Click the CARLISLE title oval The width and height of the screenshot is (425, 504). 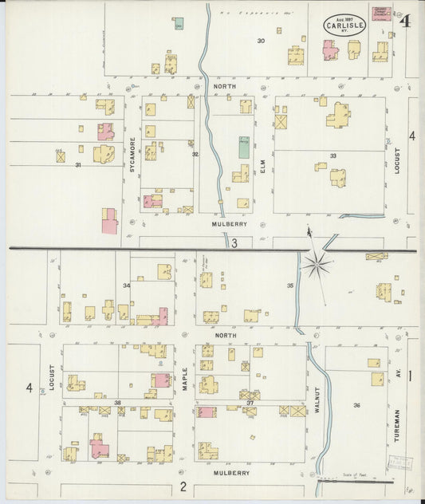tap(344, 26)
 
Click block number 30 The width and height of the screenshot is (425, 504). tap(261, 41)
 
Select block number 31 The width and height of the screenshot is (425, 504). tap(78, 165)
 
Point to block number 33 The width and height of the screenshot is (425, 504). tap(333, 156)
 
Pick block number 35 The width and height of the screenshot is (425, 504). tap(289, 285)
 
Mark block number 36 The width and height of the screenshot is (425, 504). tap(356, 406)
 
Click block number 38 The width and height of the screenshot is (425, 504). tap(117, 403)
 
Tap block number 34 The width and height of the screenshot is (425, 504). tap(126, 285)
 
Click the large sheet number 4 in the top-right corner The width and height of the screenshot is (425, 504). tap(407, 22)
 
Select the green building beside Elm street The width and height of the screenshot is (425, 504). tap(243, 147)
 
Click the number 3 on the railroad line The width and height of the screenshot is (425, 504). tap(235, 242)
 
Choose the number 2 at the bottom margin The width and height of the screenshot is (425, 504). tap(183, 486)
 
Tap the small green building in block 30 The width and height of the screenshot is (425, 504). tap(179, 23)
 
